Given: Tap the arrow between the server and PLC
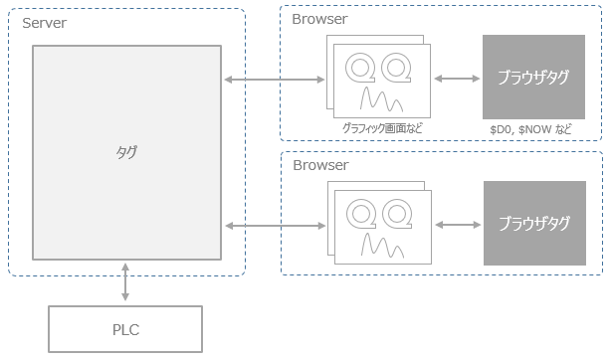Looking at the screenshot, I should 125,281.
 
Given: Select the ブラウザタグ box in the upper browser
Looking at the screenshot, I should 533,78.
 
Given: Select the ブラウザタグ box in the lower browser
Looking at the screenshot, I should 533,224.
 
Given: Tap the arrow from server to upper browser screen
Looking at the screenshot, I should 276,79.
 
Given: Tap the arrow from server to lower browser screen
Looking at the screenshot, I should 276,228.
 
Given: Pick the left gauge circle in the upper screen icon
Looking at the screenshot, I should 359,68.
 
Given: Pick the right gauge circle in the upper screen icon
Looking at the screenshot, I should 397,68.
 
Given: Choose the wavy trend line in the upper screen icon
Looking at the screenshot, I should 378,98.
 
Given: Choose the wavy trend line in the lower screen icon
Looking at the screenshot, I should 378,245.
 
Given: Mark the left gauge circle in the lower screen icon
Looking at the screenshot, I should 359,214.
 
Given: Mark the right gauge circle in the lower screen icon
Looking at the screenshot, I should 397,214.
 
